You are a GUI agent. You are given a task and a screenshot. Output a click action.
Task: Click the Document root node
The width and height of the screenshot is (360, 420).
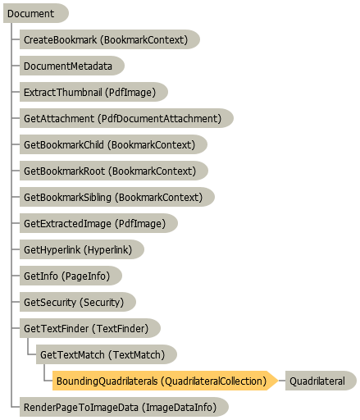[36, 13]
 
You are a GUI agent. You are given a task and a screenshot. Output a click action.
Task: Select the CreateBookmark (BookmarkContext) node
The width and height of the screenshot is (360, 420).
[110, 39]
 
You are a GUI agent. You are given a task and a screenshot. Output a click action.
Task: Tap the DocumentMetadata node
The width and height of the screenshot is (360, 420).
[72, 66]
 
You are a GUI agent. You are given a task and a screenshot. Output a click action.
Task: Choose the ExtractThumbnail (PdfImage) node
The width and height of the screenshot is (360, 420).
[93, 92]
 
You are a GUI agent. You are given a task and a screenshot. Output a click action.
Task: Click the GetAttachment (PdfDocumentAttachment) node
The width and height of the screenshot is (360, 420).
[126, 118]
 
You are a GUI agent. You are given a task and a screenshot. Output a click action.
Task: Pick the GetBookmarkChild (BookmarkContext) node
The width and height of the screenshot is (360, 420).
[113, 144]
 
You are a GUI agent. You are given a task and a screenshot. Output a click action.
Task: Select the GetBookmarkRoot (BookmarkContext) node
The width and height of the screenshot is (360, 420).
[114, 171]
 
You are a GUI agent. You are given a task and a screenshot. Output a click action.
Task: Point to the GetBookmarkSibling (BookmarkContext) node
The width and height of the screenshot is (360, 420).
[117, 197]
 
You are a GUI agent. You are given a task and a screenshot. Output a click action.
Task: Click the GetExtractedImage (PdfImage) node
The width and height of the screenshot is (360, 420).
[98, 223]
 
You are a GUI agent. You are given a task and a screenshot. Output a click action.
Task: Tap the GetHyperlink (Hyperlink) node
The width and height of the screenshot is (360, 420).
[82, 249]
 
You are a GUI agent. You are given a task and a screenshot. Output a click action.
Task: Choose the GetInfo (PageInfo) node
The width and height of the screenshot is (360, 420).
[71, 276]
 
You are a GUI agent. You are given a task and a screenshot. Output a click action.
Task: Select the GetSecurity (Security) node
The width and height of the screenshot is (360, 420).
[78, 302]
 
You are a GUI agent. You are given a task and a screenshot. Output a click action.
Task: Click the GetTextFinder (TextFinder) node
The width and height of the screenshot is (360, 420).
[90, 328]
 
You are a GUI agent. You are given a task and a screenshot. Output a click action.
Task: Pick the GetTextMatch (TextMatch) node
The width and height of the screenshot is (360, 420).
[107, 354]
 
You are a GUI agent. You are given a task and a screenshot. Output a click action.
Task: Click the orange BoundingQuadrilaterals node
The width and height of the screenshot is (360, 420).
[166, 381]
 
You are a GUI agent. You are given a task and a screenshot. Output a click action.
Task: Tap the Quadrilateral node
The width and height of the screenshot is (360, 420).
[321, 381]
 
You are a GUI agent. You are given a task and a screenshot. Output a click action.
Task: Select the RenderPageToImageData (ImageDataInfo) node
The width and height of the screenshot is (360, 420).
[124, 407]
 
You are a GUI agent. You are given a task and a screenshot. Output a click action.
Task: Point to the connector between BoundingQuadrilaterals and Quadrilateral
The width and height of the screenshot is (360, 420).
[282, 381]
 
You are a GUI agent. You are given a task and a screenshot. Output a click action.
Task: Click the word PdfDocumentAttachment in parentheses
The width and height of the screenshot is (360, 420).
[160, 119]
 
